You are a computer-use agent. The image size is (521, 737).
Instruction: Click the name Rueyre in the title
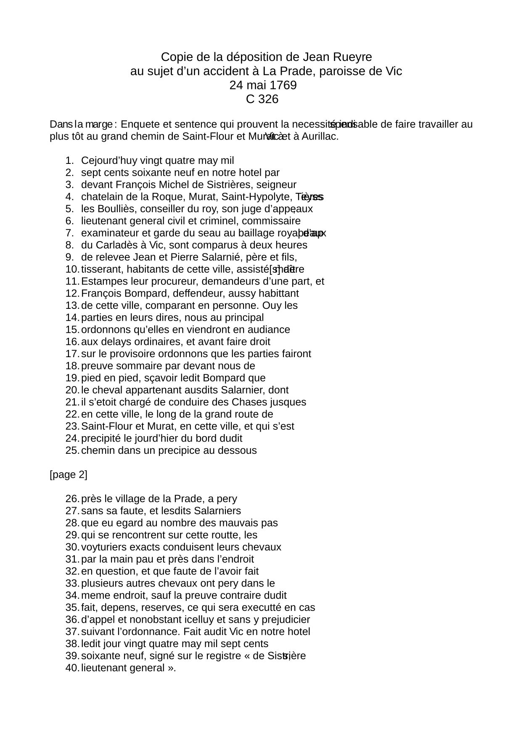click(x=355, y=57)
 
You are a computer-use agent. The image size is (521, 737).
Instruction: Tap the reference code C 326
click(x=262, y=99)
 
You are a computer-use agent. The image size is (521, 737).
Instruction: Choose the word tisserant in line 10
click(x=100, y=269)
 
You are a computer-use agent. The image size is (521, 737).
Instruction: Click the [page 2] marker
click(x=68, y=475)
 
